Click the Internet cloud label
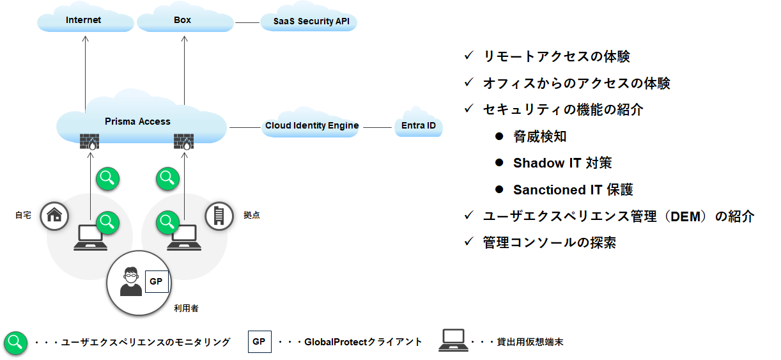[x=83, y=20]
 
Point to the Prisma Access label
[x=137, y=121]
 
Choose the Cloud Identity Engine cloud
[x=311, y=124]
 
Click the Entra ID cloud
[x=419, y=124]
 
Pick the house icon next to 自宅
[x=54, y=216]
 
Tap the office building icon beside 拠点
[x=219, y=216]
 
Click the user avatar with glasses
[x=131, y=281]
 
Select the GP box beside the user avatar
[x=157, y=281]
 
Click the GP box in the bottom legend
[x=259, y=342]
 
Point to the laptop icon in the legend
[x=453, y=340]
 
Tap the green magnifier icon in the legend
[x=16, y=343]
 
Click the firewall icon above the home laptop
[x=89, y=141]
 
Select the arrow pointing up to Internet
[x=86, y=74]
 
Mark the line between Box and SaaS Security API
[x=247, y=22]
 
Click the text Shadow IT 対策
[x=562, y=163]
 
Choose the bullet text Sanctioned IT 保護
[x=573, y=190]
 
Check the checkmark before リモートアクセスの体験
[x=469, y=56]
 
